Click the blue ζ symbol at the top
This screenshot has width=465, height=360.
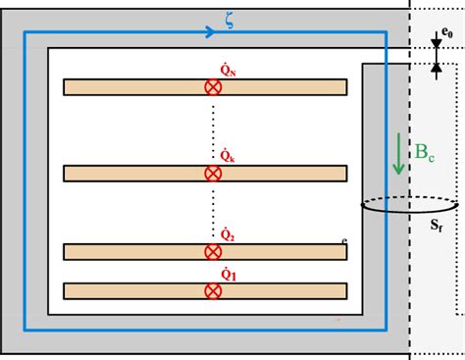tap(229, 20)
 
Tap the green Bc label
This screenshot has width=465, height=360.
tap(425, 152)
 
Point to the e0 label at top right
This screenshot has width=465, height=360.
tap(445, 32)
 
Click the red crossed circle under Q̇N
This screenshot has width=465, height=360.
tap(212, 87)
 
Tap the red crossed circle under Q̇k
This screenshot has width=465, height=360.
tap(212, 174)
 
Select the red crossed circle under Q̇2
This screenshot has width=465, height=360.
tap(212, 252)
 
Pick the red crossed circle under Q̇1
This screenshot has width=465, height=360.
tap(212, 290)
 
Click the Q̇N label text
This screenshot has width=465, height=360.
tap(229, 71)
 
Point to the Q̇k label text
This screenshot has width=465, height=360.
tap(227, 156)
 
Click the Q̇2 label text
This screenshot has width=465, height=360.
tap(227, 234)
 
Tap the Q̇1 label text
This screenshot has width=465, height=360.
tap(228, 275)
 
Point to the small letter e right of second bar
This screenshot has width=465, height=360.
tap(345, 240)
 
